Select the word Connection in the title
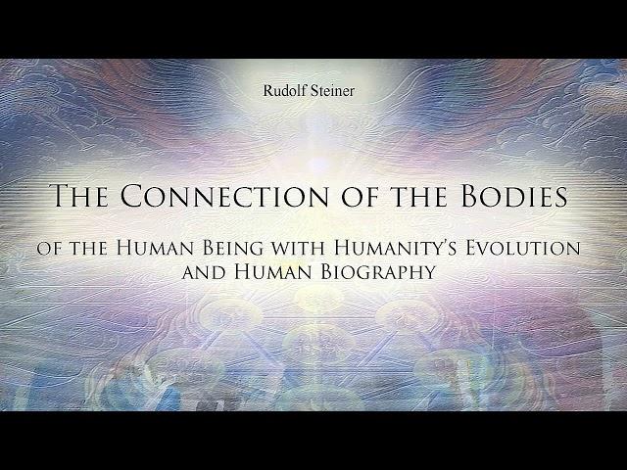tap(224, 196)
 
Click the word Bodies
tap(514, 196)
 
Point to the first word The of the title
tap(80, 196)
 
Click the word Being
tap(233, 248)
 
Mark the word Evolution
tap(522, 248)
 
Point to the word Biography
tap(378, 272)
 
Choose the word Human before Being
tap(155, 248)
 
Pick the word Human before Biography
tap(272, 272)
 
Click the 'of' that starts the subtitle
tap(48, 250)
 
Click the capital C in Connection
tap(132, 196)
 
